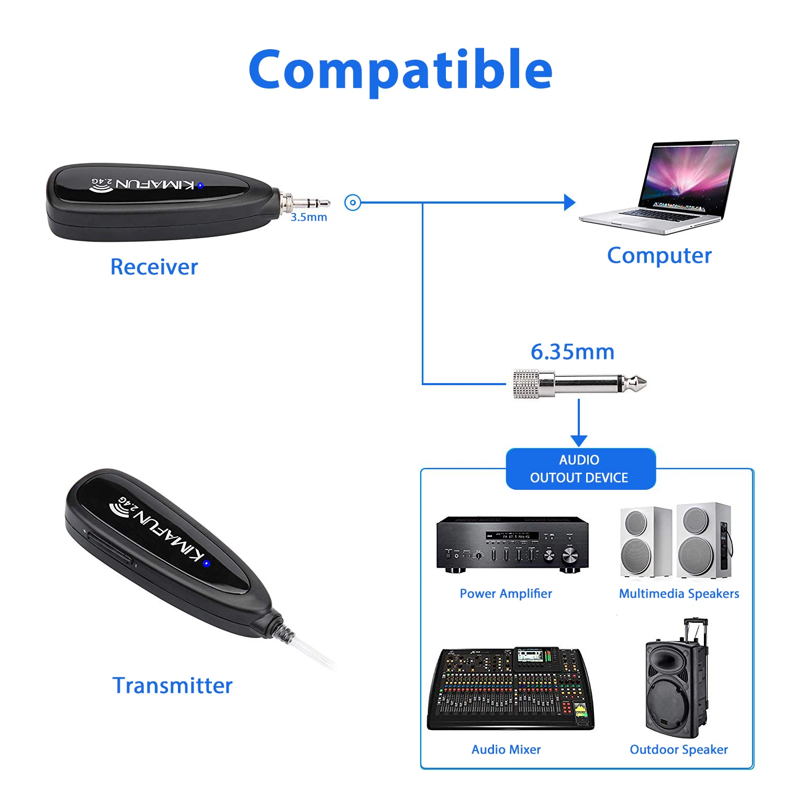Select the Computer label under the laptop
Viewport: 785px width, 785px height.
(659, 256)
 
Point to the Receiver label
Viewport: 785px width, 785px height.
(154, 267)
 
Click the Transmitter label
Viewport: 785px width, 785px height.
(172, 686)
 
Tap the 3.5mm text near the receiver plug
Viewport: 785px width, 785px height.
(309, 217)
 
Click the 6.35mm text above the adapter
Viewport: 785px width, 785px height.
(573, 352)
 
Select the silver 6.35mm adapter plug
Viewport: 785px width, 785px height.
(579, 384)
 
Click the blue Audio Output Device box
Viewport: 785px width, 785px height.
(580, 469)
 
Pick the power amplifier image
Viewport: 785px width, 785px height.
(512, 544)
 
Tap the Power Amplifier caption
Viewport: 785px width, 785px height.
(506, 593)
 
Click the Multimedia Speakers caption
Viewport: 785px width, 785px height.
(679, 593)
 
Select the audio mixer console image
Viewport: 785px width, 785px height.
(511, 689)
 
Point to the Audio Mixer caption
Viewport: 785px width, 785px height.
(506, 749)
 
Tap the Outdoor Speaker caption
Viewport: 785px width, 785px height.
(679, 749)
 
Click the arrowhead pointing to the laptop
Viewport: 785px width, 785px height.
(569, 203)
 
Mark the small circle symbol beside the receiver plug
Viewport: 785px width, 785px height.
(353, 203)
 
